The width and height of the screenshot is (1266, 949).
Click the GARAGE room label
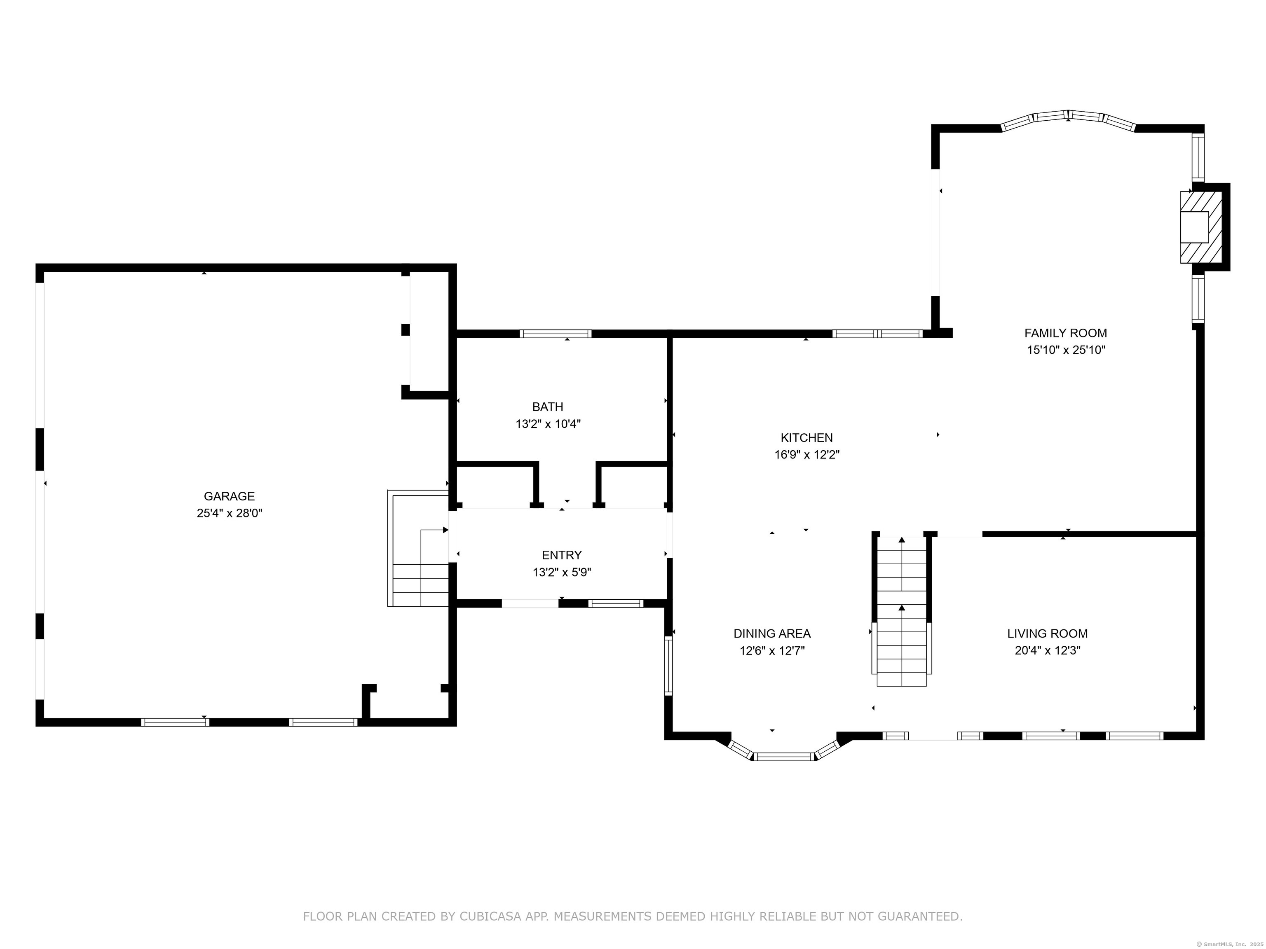click(x=229, y=496)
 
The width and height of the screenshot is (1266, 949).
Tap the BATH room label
click(x=548, y=407)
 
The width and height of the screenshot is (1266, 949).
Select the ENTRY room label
click(x=561, y=555)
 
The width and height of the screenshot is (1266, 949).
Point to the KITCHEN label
click(x=806, y=437)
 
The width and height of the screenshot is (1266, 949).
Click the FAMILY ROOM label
click(x=1066, y=333)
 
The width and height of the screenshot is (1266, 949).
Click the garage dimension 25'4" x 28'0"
click(x=230, y=513)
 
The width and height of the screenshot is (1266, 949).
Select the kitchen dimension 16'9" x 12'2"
click(x=807, y=455)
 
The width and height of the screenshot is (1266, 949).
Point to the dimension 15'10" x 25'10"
click(x=1066, y=350)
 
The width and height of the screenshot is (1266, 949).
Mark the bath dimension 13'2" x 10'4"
click(x=548, y=424)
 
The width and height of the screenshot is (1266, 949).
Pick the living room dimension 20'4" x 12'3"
click(x=1047, y=650)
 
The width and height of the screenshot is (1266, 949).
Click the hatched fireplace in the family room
click(x=1201, y=227)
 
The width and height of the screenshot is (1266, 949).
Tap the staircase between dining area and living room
click(x=901, y=611)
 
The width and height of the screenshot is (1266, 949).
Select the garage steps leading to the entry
click(x=418, y=548)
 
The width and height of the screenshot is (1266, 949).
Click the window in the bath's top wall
click(x=555, y=334)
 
